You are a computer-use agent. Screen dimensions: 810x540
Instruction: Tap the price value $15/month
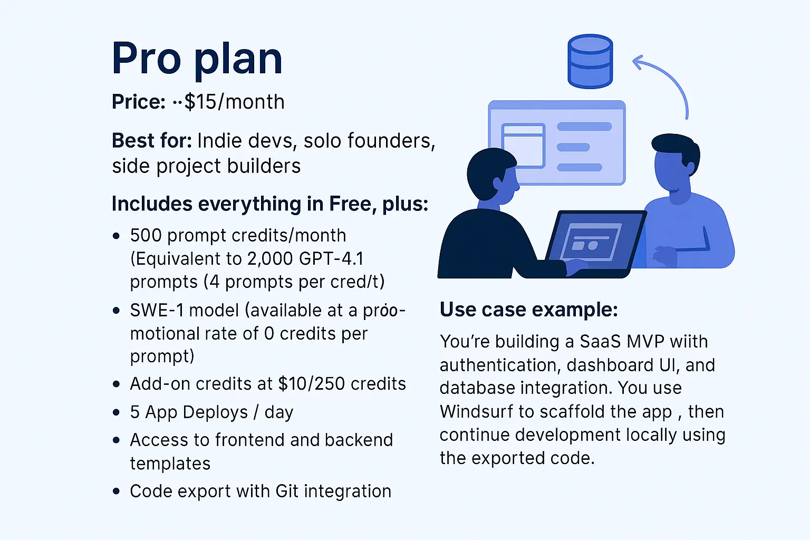pos(234,102)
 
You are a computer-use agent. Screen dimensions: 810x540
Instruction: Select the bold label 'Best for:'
pos(152,140)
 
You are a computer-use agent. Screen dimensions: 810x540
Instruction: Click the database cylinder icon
pos(590,62)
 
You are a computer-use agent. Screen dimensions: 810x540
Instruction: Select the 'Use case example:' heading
pos(529,310)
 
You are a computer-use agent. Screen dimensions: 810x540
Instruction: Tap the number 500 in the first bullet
pos(146,235)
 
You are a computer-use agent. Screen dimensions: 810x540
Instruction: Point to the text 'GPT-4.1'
pos(331,258)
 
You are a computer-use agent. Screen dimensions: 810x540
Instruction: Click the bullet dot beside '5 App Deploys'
pos(116,413)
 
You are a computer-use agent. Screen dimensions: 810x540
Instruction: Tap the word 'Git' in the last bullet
pos(287,491)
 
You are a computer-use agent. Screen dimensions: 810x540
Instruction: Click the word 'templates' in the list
pos(170,464)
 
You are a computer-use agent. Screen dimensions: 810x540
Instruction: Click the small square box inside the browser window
pos(523,146)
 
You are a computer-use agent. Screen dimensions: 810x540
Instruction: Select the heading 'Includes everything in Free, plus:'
pos(270,204)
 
